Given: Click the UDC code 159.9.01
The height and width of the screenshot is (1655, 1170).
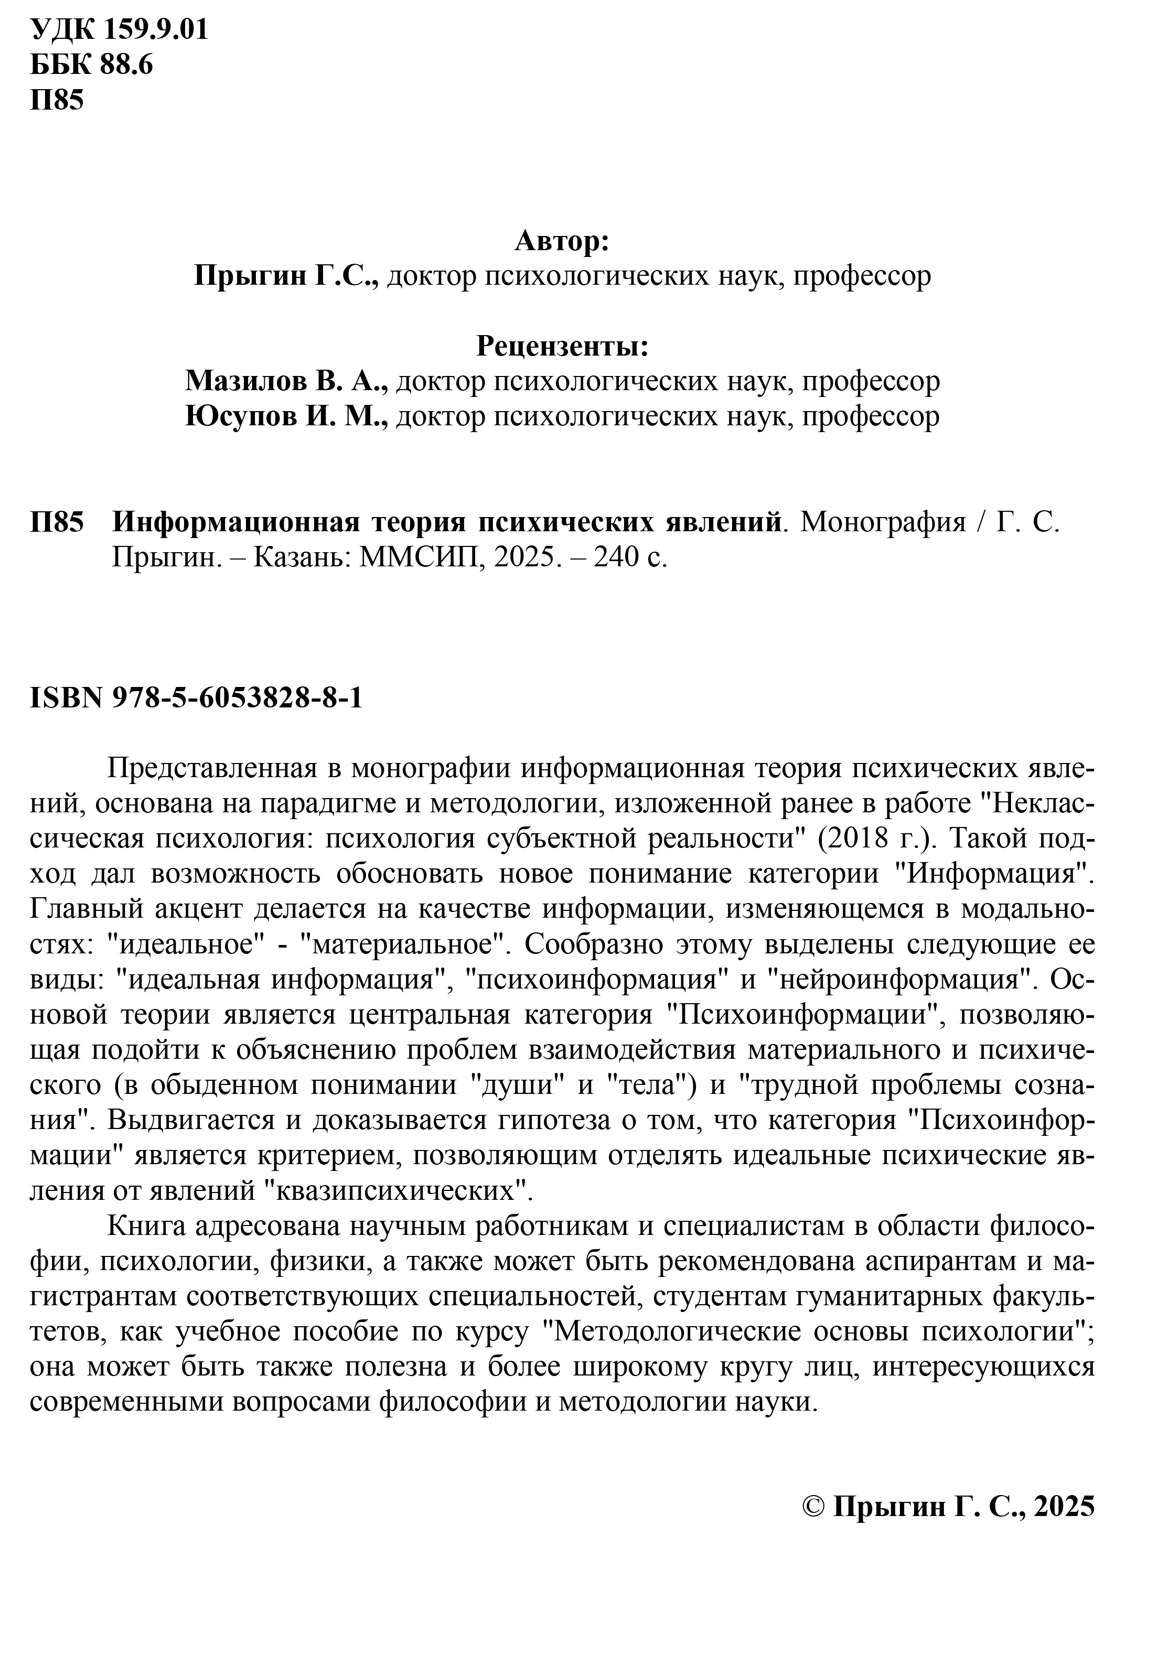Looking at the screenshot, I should [x=156, y=31].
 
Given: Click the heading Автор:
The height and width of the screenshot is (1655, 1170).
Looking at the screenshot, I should [x=562, y=242].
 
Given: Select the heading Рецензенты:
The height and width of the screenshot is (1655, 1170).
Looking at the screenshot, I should [x=562, y=348].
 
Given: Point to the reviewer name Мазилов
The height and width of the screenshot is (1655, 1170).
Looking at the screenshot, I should [x=244, y=382].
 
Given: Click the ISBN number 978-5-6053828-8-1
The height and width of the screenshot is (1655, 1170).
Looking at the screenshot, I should [x=238, y=698].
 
